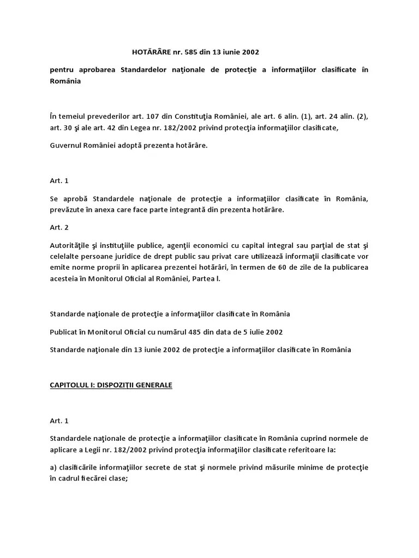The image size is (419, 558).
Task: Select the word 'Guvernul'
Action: point(65,145)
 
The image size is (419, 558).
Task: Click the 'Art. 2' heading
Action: point(59,227)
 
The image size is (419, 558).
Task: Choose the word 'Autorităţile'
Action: point(70,245)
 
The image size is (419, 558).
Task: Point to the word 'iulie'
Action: point(256,332)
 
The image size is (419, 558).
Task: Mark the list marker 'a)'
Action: point(53,468)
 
